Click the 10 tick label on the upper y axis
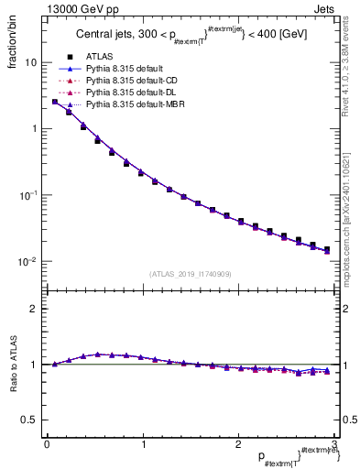click(30, 63)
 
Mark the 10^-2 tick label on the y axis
click(27, 262)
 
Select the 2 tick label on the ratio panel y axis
click(34, 309)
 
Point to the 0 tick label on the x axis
click(47, 443)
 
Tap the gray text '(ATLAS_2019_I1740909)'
click(190, 274)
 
